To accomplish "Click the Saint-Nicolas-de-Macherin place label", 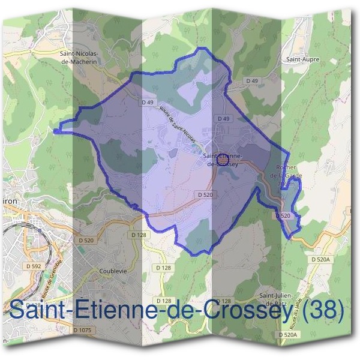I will [80, 57].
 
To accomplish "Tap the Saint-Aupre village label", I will [302, 60].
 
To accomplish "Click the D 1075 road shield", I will [83, 330].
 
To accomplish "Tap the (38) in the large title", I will [325, 311].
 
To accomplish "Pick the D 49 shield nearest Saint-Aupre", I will [251, 80].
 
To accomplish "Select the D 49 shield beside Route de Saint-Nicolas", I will [148, 103].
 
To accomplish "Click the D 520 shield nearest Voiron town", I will [86, 241].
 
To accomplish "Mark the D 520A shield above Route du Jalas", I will [321, 259].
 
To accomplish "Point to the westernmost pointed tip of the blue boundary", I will [54, 130].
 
